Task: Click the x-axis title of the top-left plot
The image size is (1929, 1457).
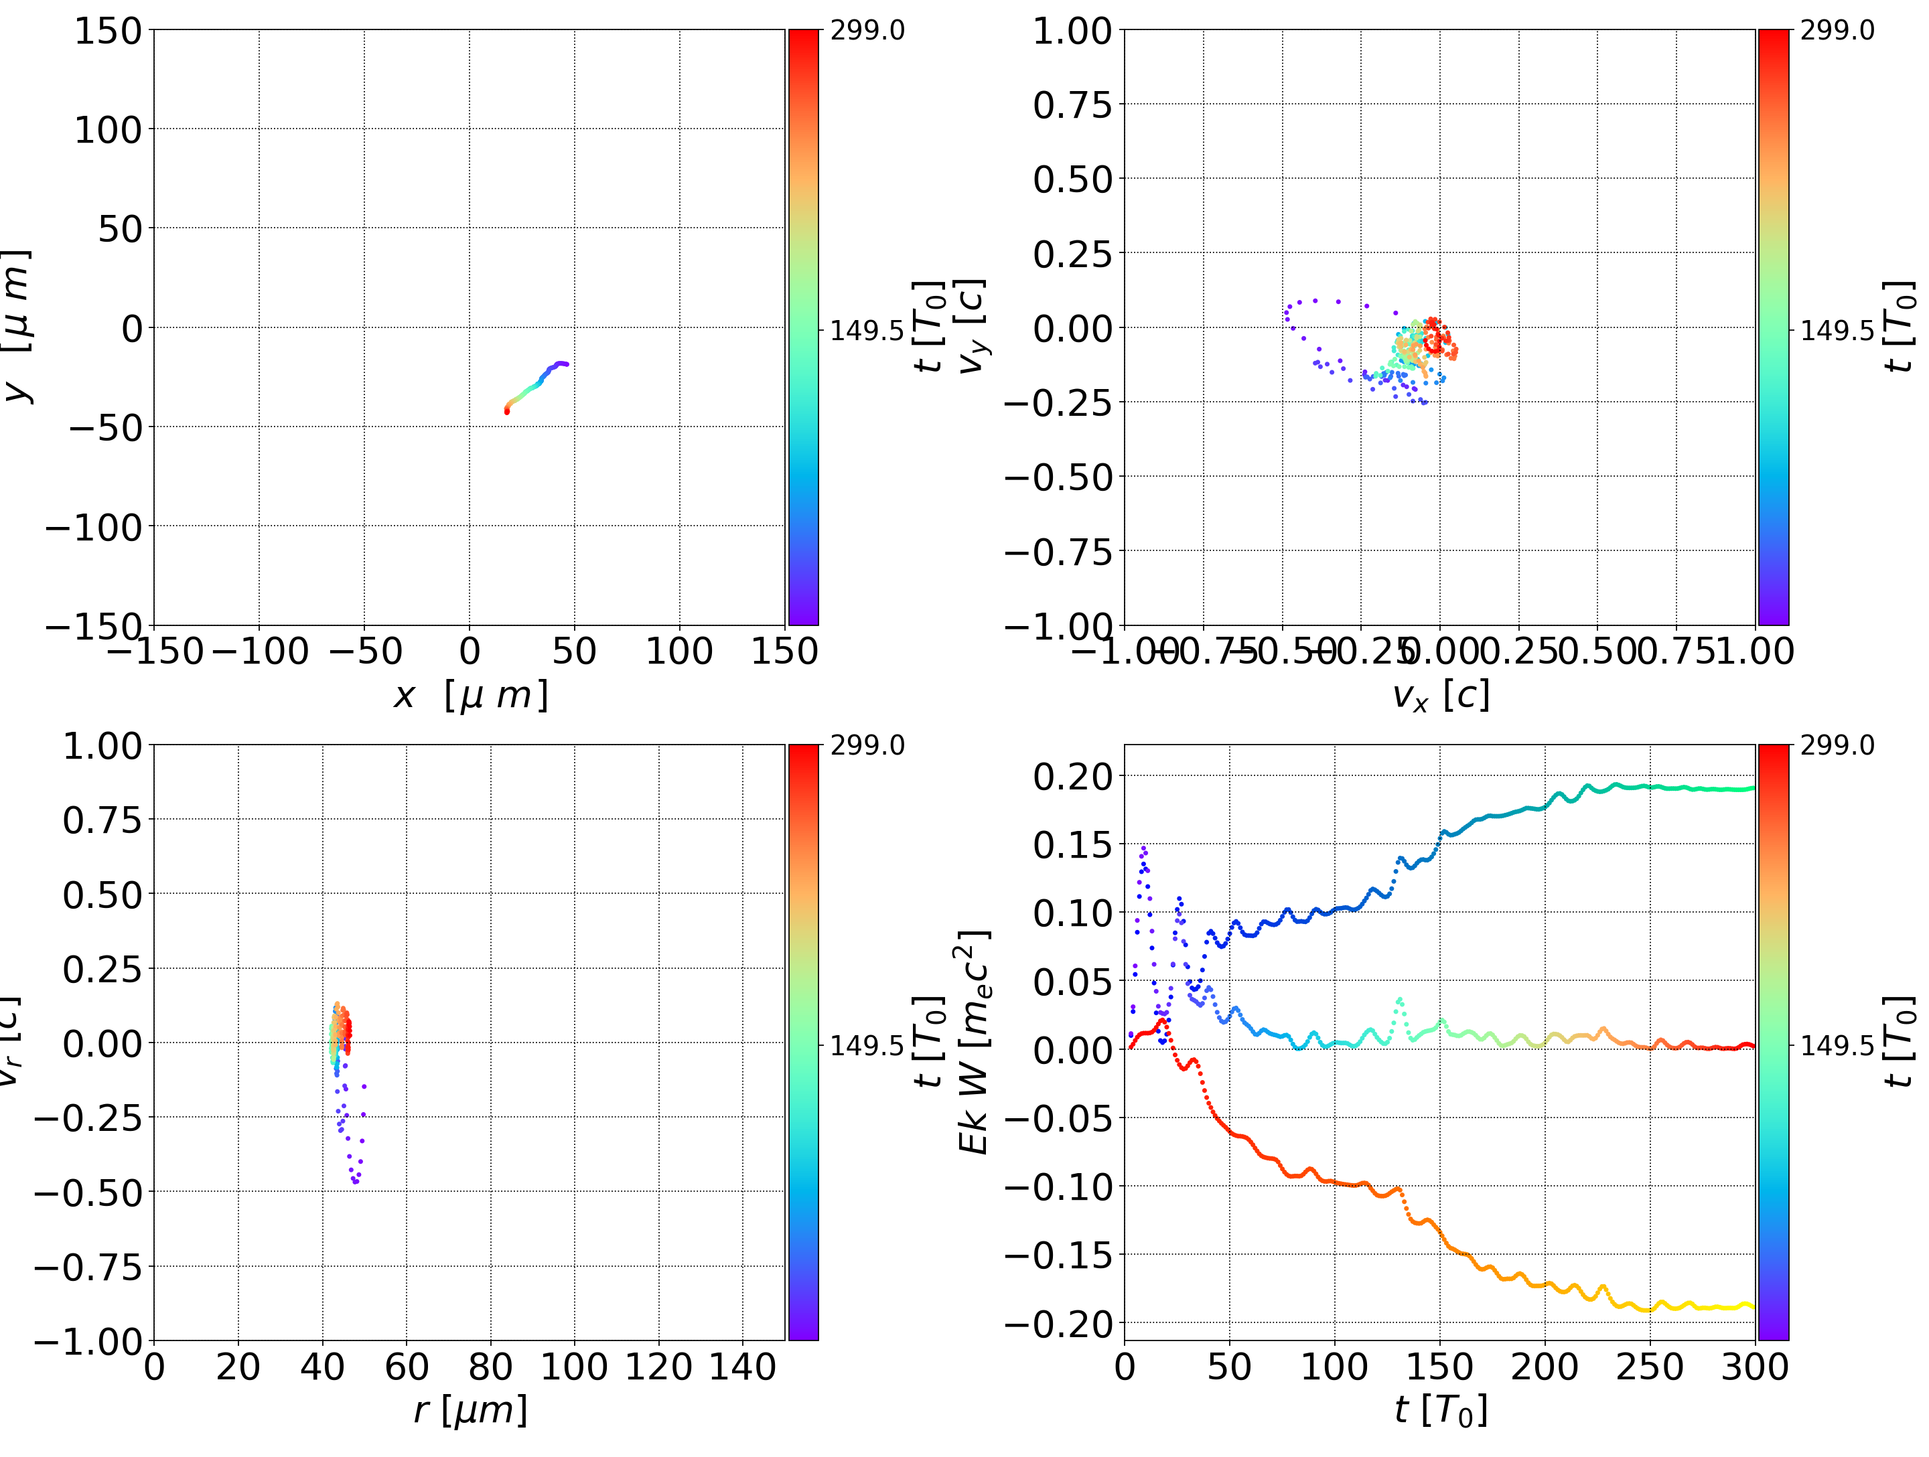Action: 470,696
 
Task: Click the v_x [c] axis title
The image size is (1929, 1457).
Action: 1440,696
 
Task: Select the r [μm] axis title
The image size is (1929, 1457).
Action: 470,1411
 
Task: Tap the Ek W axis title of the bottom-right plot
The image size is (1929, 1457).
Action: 973,1042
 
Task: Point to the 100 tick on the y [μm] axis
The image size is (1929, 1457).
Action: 107,130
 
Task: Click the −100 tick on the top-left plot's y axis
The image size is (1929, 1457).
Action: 93,528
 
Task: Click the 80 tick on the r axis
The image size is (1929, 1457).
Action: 490,1367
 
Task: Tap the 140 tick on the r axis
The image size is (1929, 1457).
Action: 742,1367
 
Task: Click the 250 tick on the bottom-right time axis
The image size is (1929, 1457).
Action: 1649,1367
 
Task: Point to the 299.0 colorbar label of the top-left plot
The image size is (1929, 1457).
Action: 867,31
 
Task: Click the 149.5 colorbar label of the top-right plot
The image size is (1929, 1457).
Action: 1837,331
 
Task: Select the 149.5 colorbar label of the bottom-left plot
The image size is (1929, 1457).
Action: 867,1045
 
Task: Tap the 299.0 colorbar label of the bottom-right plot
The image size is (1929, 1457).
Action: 1837,745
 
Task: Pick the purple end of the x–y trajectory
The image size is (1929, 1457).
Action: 566,364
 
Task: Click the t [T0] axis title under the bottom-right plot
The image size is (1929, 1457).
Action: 1440,1411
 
